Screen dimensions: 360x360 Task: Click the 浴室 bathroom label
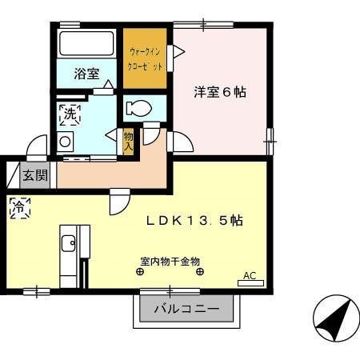pos(86,74)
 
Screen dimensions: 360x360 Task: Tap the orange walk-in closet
pos(145,58)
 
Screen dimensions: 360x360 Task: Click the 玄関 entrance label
pos(34,175)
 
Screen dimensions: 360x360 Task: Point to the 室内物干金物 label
pos(169,261)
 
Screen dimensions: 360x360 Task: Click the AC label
pos(250,276)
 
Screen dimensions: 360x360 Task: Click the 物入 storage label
pos(128,142)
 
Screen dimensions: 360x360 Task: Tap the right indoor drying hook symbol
pos(199,271)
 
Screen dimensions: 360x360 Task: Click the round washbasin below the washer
pos(64,142)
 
